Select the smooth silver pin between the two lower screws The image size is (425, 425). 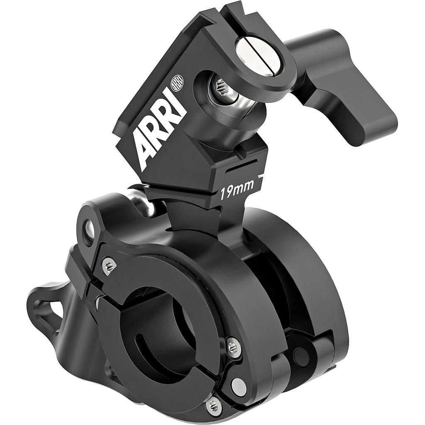238,386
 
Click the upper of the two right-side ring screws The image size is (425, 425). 234,347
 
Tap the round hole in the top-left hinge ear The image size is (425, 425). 88,226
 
